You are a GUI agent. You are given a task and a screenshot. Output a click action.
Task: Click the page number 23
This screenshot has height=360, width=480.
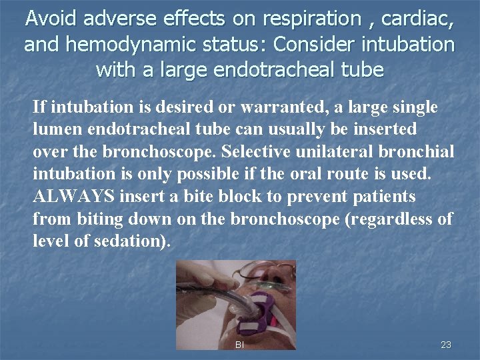coord(446,345)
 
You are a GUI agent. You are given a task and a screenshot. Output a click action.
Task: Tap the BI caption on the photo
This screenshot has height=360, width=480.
coord(240,345)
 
